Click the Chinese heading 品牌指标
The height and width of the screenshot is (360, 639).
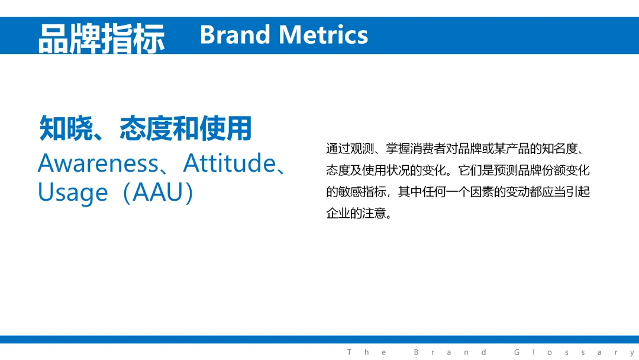coord(102,38)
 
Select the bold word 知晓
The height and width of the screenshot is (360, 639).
coord(66,128)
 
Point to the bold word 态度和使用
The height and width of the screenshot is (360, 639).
coord(186,128)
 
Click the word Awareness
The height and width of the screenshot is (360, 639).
coord(98,163)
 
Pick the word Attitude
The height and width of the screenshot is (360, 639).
coord(230,163)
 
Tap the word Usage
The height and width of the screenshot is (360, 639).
coord(73,193)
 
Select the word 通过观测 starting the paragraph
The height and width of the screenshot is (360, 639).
coord(350,149)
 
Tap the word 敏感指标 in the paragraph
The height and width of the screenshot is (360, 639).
coord(362,192)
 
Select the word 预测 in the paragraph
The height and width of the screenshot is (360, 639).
coord(506,170)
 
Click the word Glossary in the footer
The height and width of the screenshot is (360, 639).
coord(574,352)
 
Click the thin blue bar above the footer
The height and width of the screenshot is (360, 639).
coord(319,340)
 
